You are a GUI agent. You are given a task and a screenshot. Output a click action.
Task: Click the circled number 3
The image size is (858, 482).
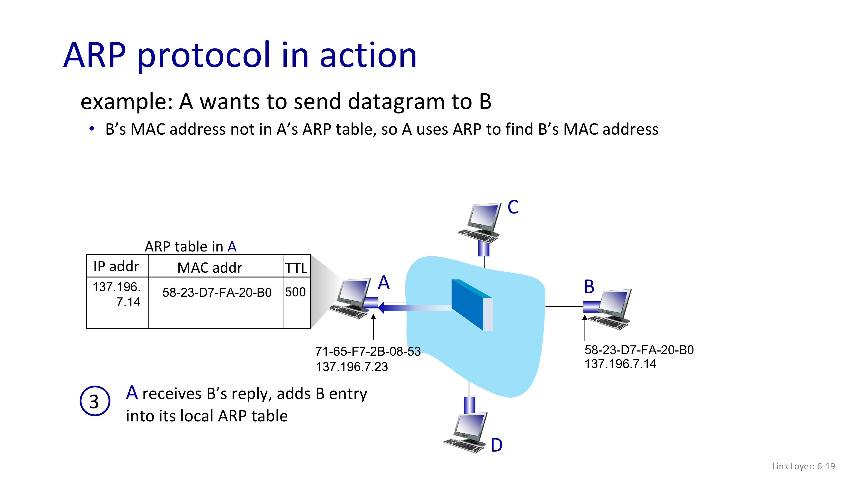click(95, 401)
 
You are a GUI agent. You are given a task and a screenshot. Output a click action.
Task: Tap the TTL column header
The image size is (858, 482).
click(296, 268)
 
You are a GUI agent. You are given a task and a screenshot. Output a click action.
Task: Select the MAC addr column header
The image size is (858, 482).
click(210, 268)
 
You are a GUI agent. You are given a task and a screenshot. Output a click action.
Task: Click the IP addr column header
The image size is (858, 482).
click(116, 266)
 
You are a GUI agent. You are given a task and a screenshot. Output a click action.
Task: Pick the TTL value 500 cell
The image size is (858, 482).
click(295, 292)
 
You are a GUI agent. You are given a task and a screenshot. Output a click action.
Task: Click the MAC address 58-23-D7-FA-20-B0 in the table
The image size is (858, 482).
click(217, 292)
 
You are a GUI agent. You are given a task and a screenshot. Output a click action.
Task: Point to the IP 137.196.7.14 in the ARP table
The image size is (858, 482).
click(117, 294)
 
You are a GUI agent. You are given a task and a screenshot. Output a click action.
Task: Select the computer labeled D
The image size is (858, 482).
click(466, 432)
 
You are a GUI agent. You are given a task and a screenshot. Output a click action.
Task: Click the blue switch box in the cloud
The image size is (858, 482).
click(471, 304)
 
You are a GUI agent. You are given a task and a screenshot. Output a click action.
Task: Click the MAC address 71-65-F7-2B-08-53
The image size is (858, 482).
click(368, 351)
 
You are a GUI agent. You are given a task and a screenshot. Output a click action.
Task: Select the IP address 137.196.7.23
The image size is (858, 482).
click(352, 367)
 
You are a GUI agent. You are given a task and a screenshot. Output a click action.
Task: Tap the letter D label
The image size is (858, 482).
click(496, 445)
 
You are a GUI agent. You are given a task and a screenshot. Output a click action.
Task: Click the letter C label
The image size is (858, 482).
click(513, 207)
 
